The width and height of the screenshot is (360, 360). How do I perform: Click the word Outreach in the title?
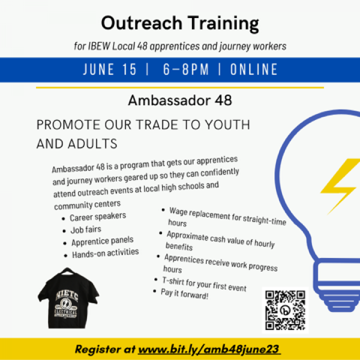[x=141, y=23]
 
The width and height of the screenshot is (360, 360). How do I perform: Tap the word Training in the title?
[x=224, y=24]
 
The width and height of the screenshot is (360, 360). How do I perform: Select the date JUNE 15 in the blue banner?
[x=109, y=69]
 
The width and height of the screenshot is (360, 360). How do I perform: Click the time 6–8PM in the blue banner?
[x=186, y=69]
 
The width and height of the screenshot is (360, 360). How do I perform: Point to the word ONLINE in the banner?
[x=253, y=69]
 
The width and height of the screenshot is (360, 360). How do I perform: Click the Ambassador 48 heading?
[x=180, y=100]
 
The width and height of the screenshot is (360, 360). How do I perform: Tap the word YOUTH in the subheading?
[x=227, y=124]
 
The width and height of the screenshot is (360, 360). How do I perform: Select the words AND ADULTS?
[x=77, y=144]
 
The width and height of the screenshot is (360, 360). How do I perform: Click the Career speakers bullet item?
[x=98, y=216]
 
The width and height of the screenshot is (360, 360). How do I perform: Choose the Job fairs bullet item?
[x=85, y=229]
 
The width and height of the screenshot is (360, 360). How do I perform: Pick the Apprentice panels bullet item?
[x=102, y=241]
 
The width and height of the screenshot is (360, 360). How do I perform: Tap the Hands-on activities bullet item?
[x=105, y=253]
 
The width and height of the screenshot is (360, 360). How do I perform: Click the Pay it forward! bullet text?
[x=184, y=294]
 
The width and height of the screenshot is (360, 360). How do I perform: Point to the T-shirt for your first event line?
[x=204, y=284]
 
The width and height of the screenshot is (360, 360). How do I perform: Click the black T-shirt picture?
[x=68, y=298]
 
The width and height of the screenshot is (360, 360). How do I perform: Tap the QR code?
[x=285, y=310]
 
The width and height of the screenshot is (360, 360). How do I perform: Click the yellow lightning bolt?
[x=340, y=186]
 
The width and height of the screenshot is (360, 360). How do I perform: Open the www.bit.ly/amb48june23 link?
[x=209, y=349]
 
